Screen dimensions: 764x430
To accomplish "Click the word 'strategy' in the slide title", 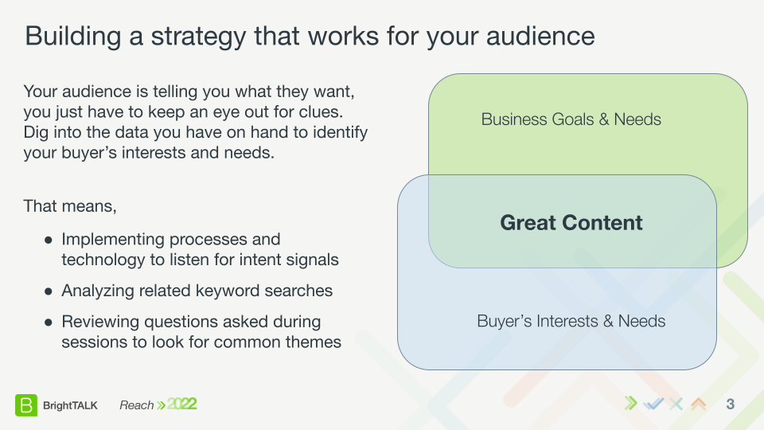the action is point(198,37).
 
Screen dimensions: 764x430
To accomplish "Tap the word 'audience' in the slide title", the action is point(540,36).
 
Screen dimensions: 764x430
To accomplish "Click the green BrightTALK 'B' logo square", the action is point(25,405).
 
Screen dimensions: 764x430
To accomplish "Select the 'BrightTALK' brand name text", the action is point(70,405).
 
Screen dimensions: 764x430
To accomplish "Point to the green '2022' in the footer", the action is point(181,405).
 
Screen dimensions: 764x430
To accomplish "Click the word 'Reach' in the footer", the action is point(136,405).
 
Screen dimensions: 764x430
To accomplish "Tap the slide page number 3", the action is point(730,405).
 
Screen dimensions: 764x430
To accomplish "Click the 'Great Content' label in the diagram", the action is point(571,223).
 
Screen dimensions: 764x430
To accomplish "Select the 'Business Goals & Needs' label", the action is point(571,119).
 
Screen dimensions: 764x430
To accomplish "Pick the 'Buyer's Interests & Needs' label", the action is point(571,321).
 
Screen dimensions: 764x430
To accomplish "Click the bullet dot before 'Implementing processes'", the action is point(49,240).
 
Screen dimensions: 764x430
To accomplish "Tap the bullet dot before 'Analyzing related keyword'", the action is point(49,291).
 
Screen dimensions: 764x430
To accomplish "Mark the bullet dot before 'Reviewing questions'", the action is point(49,322).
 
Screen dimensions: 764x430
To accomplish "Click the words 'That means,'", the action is point(70,206).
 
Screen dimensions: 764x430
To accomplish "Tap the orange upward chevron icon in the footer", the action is point(699,404).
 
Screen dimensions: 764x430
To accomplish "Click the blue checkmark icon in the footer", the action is point(653,404).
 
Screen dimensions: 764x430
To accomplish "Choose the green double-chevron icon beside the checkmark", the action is point(631,404).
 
